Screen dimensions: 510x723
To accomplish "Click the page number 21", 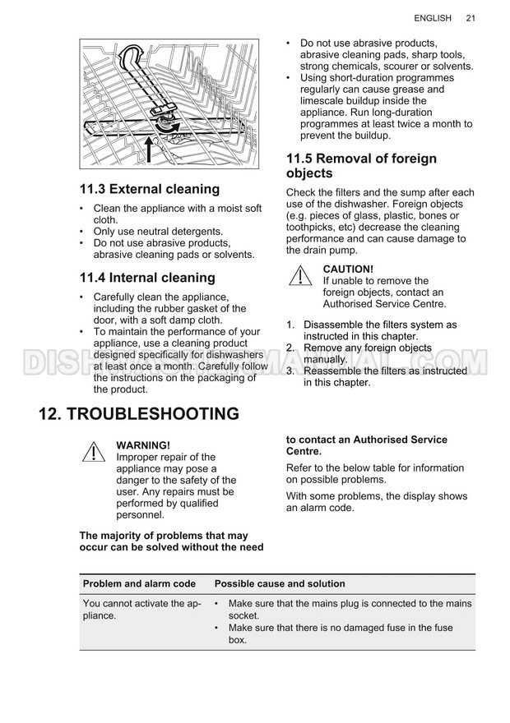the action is (471, 18).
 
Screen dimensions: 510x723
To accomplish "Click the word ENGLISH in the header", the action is (433, 18).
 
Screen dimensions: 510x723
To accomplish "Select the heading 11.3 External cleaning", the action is (150, 189).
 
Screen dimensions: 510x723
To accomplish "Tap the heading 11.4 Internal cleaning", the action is (147, 278).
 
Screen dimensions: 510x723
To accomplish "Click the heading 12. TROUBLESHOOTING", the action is (139, 413).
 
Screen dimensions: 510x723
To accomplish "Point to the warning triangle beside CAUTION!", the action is (300, 275).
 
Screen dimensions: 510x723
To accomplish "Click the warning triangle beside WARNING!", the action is (94, 452).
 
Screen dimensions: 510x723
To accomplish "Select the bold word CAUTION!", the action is (348, 269).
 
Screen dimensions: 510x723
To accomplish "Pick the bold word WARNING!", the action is (143, 445).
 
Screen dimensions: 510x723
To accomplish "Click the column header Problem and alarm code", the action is (139, 584).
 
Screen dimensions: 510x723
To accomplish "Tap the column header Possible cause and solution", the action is (280, 584).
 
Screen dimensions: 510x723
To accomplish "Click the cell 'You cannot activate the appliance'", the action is (142, 610).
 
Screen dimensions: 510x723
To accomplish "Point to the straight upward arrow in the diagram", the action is (149, 149).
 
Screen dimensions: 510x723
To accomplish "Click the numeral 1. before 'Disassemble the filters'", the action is (290, 325).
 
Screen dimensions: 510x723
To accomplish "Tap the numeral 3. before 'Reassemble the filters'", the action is (290, 371).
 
